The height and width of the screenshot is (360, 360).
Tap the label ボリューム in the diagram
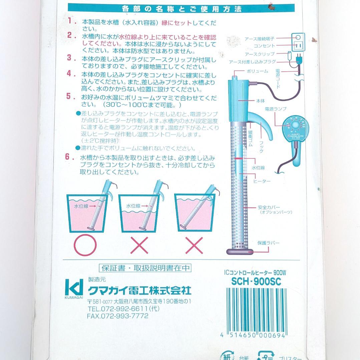(x=257, y=71)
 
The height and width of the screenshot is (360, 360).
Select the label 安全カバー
(x=267, y=207)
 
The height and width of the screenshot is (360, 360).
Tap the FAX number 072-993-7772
(x=117, y=316)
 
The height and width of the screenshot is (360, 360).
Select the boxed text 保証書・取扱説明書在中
(x=145, y=268)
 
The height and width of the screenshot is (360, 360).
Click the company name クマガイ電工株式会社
(x=139, y=290)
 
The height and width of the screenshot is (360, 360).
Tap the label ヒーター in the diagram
(x=262, y=181)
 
